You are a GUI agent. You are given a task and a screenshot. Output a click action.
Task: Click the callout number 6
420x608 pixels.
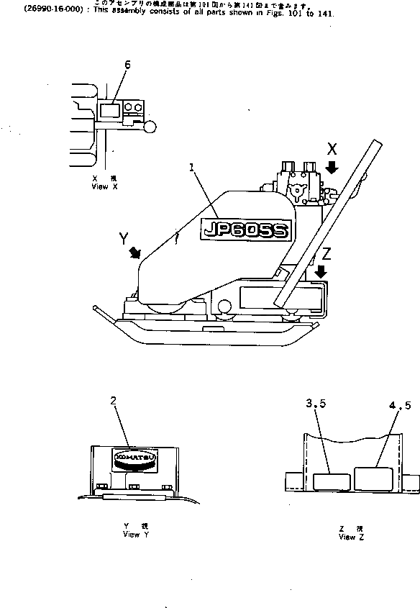click(127, 65)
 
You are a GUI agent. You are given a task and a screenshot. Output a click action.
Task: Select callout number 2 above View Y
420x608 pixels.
click(114, 401)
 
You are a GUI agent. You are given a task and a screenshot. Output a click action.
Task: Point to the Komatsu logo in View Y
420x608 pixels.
click(134, 459)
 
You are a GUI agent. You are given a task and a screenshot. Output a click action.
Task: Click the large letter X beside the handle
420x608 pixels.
click(332, 150)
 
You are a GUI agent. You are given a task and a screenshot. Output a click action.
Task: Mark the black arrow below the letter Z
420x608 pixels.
click(321, 271)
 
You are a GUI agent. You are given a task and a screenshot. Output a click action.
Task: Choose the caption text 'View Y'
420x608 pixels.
click(136, 535)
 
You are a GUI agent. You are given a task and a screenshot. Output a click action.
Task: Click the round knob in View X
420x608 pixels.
click(150, 128)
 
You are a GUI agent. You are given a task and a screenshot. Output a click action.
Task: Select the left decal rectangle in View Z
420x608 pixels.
click(332, 481)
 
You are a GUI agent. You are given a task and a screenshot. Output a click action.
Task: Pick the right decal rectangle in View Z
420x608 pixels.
click(374, 478)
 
